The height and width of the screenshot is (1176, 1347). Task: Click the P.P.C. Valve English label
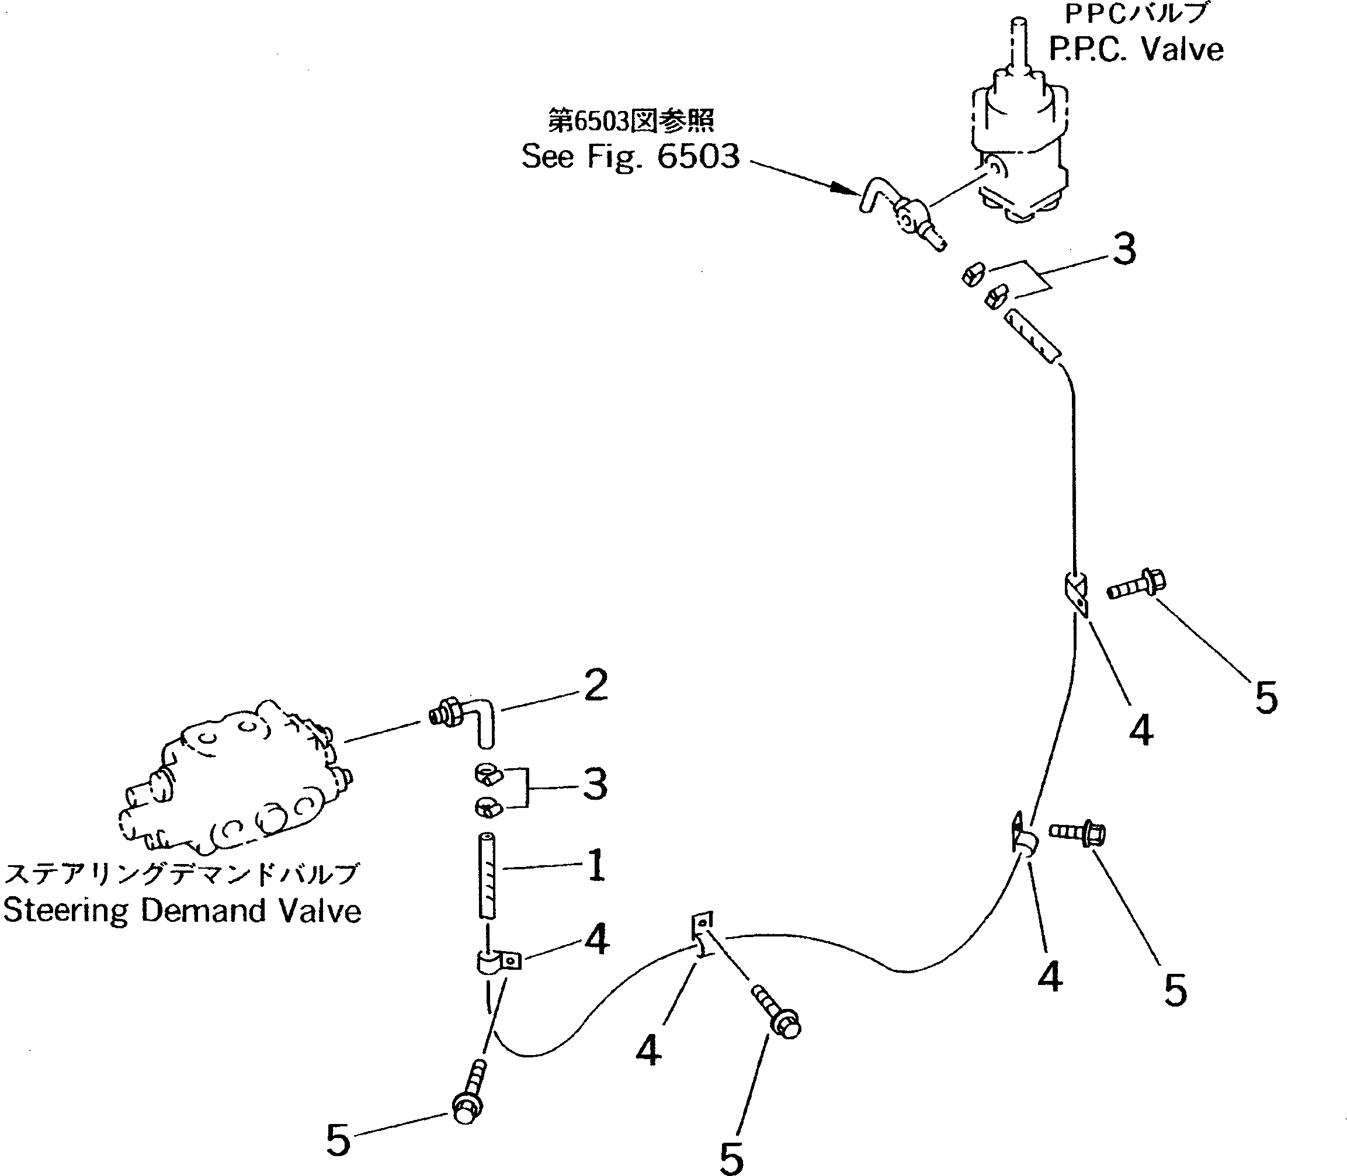[1136, 49]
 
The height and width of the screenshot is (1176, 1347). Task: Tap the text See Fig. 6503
[630, 157]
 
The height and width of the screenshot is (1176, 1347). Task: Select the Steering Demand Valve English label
[182, 911]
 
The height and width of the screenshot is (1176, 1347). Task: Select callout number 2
[595, 685]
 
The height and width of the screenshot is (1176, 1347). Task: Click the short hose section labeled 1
[488, 877]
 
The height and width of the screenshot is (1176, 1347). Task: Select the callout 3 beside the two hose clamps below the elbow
[595, 784]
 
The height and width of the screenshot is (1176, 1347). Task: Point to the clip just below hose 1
[497, 962]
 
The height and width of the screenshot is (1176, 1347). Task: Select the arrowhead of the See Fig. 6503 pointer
[850, 190]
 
